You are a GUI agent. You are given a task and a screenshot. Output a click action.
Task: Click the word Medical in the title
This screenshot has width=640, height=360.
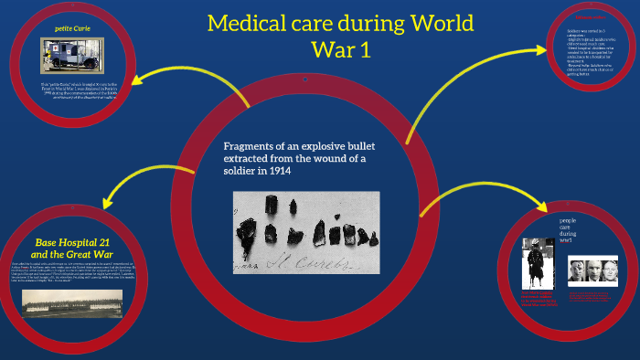click(248, 22)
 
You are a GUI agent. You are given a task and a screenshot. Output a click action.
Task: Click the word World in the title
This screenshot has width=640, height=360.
click(442, 22)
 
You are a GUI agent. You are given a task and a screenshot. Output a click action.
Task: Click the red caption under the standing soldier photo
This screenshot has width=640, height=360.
click(538, 301)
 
